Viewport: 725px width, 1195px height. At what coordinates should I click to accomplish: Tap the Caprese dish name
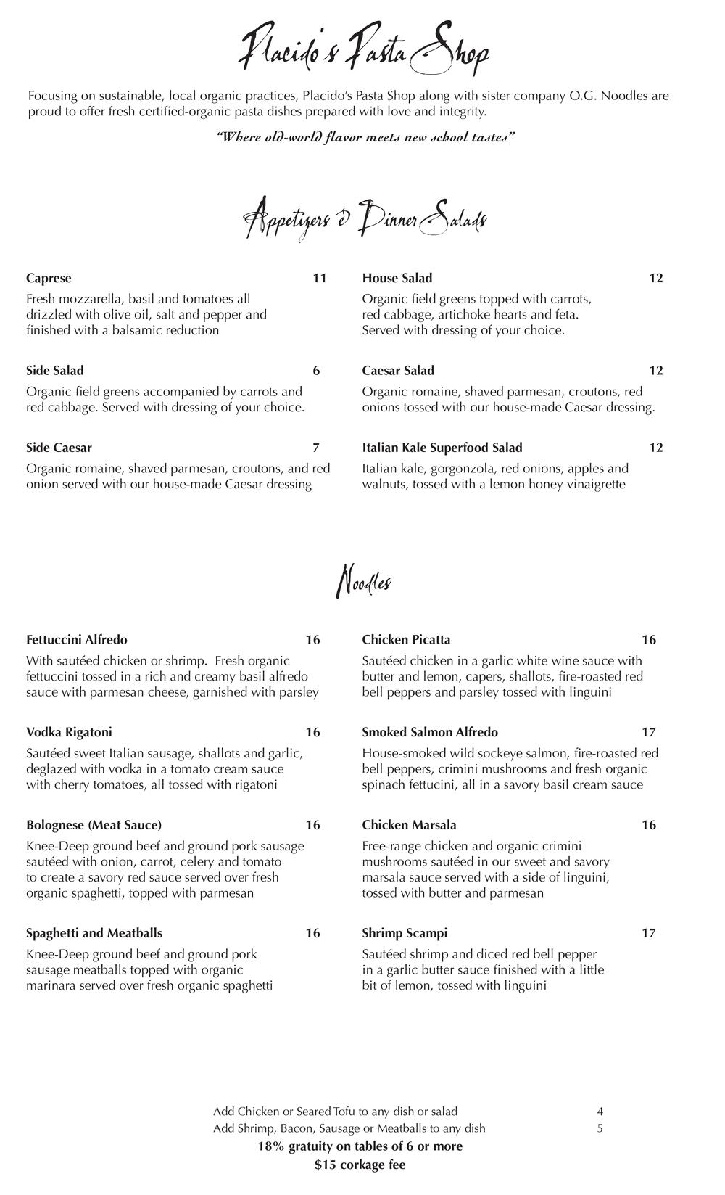click(x=49, y=279)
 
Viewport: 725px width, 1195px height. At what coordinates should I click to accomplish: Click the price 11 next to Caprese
click(x=320, y=279)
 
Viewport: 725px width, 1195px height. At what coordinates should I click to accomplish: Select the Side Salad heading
click(x=55, y=371)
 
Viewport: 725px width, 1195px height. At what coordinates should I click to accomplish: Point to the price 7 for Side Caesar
click(x=316, y=448)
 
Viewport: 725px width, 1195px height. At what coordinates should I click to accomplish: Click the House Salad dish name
click(x=397, y=279)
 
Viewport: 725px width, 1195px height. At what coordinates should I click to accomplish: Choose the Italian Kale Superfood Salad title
click(x=442, y=448)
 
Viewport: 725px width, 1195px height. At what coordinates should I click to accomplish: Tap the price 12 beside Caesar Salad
click(x=656, y=371)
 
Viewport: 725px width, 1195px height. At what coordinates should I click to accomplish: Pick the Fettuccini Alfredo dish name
click(x=77, y=640)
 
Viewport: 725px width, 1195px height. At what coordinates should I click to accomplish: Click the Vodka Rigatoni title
click(x=69, y=732)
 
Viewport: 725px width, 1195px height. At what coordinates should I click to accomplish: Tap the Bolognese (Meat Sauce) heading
click(x=94, y=825)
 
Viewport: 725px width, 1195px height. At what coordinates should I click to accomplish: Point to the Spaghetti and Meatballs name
click(x=94, y=933)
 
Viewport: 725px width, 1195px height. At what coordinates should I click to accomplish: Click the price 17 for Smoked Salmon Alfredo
click(x=649, y=732)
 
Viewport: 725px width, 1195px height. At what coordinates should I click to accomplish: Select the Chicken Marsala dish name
click(x=410, y=825)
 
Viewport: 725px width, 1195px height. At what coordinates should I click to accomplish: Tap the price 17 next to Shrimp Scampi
click(x=649, y=933)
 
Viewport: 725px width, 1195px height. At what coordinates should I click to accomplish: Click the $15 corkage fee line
click(x=360, y=1165)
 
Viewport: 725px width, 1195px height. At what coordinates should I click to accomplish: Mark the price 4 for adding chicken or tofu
click(x=600, y=1112)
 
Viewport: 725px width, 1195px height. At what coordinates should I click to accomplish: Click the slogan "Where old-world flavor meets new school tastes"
click(x=366, y=137)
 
